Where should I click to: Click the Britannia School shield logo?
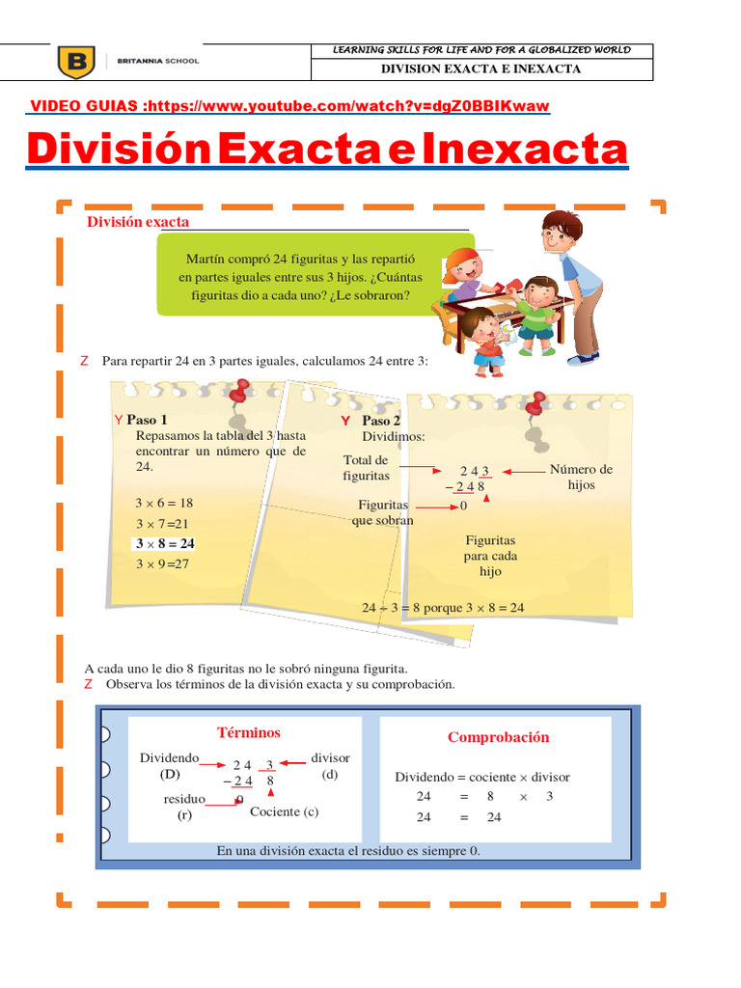click(77, 62)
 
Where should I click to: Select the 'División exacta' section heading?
click(138, 222)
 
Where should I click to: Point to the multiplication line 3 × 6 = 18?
click(164, 503)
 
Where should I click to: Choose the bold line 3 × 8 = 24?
click(164, 543)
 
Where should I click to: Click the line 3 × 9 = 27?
click(162, 564)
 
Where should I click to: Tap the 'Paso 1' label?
click(147, 420)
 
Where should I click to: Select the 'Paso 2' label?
click(380, 421)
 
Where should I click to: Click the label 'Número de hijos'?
click(581, 477)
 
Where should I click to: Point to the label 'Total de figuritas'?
click(366, 468)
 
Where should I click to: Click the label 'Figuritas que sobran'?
click(383, 512)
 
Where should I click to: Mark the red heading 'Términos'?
click(249, 733)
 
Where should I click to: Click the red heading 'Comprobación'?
click(498, 737)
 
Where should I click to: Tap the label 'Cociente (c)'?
click(284, 811)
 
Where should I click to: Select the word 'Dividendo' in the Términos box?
click(170, 758)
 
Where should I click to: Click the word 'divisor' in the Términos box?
click(330, 758)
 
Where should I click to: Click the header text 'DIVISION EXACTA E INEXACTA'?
click(480, 69)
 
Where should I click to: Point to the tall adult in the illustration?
click(575, 280)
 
